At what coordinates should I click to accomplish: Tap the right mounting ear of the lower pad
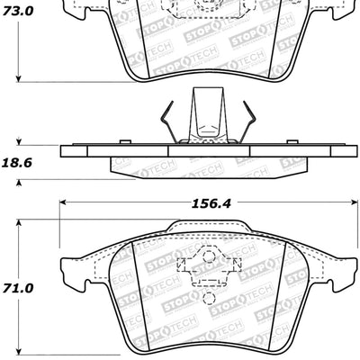[x=343, y=267]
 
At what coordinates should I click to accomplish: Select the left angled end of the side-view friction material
[x=113, y=166]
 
